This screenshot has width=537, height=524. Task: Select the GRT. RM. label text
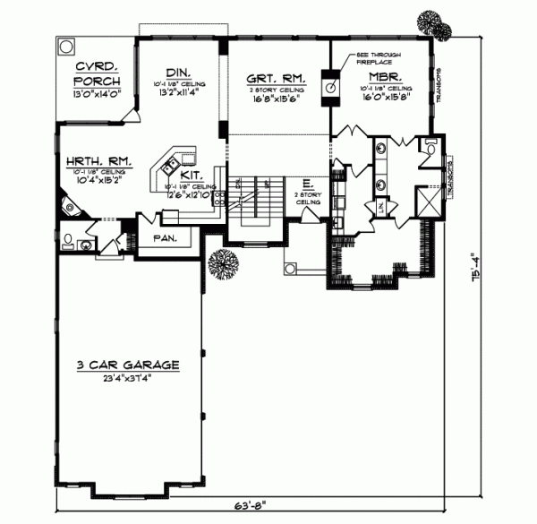[275, 78]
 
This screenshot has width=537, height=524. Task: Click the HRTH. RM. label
[98, 162]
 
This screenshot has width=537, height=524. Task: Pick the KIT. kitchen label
[189, 176]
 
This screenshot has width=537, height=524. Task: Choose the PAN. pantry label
[163, 238]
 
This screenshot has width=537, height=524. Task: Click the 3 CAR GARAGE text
[128, 365]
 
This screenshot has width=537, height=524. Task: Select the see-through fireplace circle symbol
[329, 88]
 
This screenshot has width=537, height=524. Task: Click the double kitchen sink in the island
[166, 164]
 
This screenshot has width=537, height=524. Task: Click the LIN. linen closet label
[382, 208]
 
